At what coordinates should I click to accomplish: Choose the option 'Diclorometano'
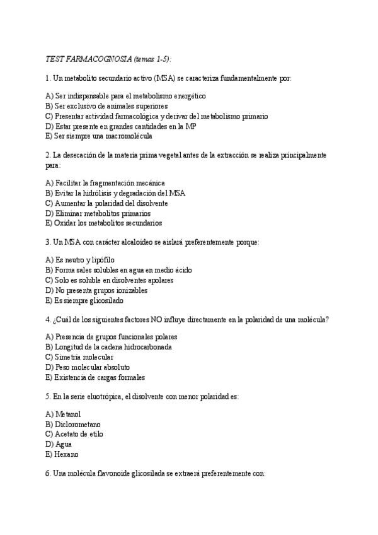pos(72,424)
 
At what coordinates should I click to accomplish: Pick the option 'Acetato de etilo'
pos(74,434)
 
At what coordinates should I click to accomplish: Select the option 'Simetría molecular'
pos(79,357)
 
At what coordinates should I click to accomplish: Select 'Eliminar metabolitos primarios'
pos(98,213)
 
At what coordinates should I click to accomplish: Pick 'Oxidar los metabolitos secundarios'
pos(103,223)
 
